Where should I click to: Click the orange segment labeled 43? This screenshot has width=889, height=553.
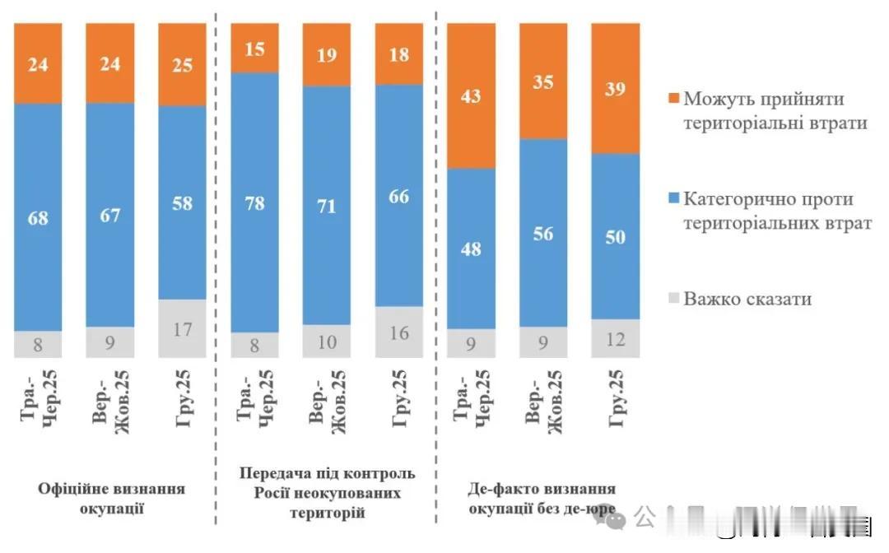coord(471,95)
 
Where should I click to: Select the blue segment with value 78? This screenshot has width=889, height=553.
coord(254,202)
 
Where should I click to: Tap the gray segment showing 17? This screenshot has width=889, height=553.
coord(182,328)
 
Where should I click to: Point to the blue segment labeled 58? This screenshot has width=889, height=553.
coord(182,202)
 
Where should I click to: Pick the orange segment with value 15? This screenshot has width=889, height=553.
coord(254,48)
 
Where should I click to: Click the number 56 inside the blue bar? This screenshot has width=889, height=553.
coord(542,233)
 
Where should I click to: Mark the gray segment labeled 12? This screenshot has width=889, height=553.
coord(615,338)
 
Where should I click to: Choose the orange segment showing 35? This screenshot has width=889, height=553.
coord(542,81)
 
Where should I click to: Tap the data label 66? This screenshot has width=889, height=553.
coord(398,197)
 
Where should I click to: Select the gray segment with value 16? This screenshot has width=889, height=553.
coord(398,332)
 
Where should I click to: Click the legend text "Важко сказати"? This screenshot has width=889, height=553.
coord(747,299)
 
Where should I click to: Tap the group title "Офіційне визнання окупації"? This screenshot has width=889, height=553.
coord(111,498)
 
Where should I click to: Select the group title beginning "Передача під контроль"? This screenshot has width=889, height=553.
coord(327,493)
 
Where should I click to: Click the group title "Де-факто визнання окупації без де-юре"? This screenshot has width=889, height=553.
coord(542,499)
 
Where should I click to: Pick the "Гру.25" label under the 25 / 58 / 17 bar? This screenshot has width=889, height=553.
coord(182,398)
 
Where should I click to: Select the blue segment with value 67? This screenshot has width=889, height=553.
coord(110,215)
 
